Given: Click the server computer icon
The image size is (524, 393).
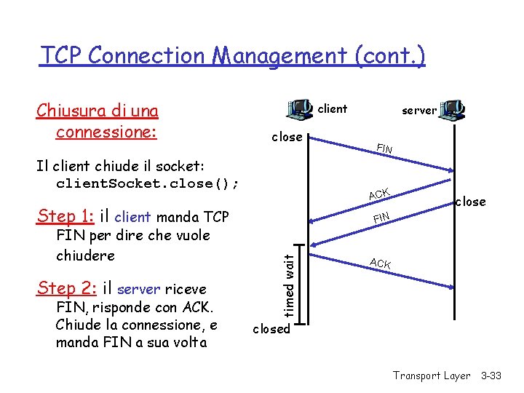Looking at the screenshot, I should click(x=453, y=110).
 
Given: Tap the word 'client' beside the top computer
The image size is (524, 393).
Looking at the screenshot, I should click(x=333, y=109).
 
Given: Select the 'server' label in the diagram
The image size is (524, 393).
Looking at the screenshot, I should click(x=419, y=111).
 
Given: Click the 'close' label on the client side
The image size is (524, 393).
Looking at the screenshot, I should click(x=287, y=137).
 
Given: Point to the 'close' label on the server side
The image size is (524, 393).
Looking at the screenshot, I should click(x=471, y=202).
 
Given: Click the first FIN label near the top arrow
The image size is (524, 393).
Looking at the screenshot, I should click(x=384, y=149).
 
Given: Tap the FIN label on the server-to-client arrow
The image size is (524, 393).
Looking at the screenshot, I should click(x=381, y=217).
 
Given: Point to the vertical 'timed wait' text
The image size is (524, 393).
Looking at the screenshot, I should click(x=289, y=285).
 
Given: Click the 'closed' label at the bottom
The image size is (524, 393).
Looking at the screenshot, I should click(x=271, y=329).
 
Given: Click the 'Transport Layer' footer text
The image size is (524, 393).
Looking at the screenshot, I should click(x=432, y=376).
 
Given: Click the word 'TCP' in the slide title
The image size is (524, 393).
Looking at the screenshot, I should click(x=62, y=55).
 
